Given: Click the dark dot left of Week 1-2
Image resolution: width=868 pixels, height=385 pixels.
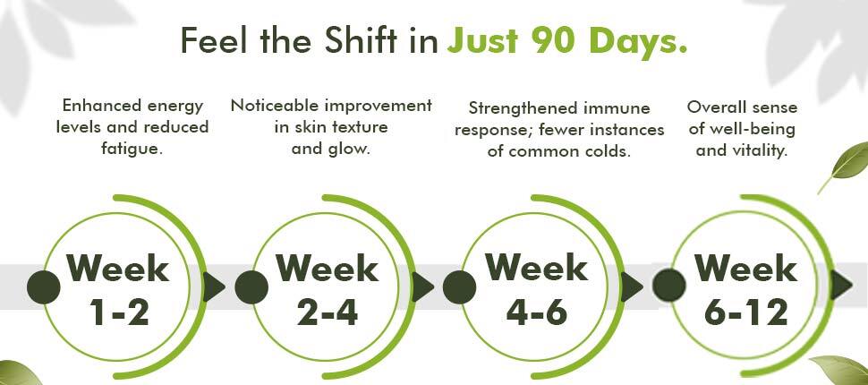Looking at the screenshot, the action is click(44, 287).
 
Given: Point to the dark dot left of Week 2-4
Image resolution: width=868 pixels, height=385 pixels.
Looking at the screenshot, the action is click(251, 287).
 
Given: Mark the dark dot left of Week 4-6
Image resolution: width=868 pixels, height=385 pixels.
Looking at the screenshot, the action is click(459, 287).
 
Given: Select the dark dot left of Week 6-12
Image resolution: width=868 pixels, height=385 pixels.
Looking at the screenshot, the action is click(669, 286).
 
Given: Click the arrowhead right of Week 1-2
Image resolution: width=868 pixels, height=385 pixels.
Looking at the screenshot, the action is click(213, 287).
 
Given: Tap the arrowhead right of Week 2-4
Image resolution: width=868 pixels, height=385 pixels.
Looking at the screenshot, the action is click(421, 287).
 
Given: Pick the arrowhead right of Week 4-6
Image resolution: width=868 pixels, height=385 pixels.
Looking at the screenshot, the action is click(631, 287).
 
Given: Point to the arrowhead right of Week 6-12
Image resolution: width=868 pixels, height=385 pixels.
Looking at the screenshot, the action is click(841, 286).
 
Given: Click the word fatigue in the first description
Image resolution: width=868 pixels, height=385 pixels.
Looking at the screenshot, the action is click(132, 149).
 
